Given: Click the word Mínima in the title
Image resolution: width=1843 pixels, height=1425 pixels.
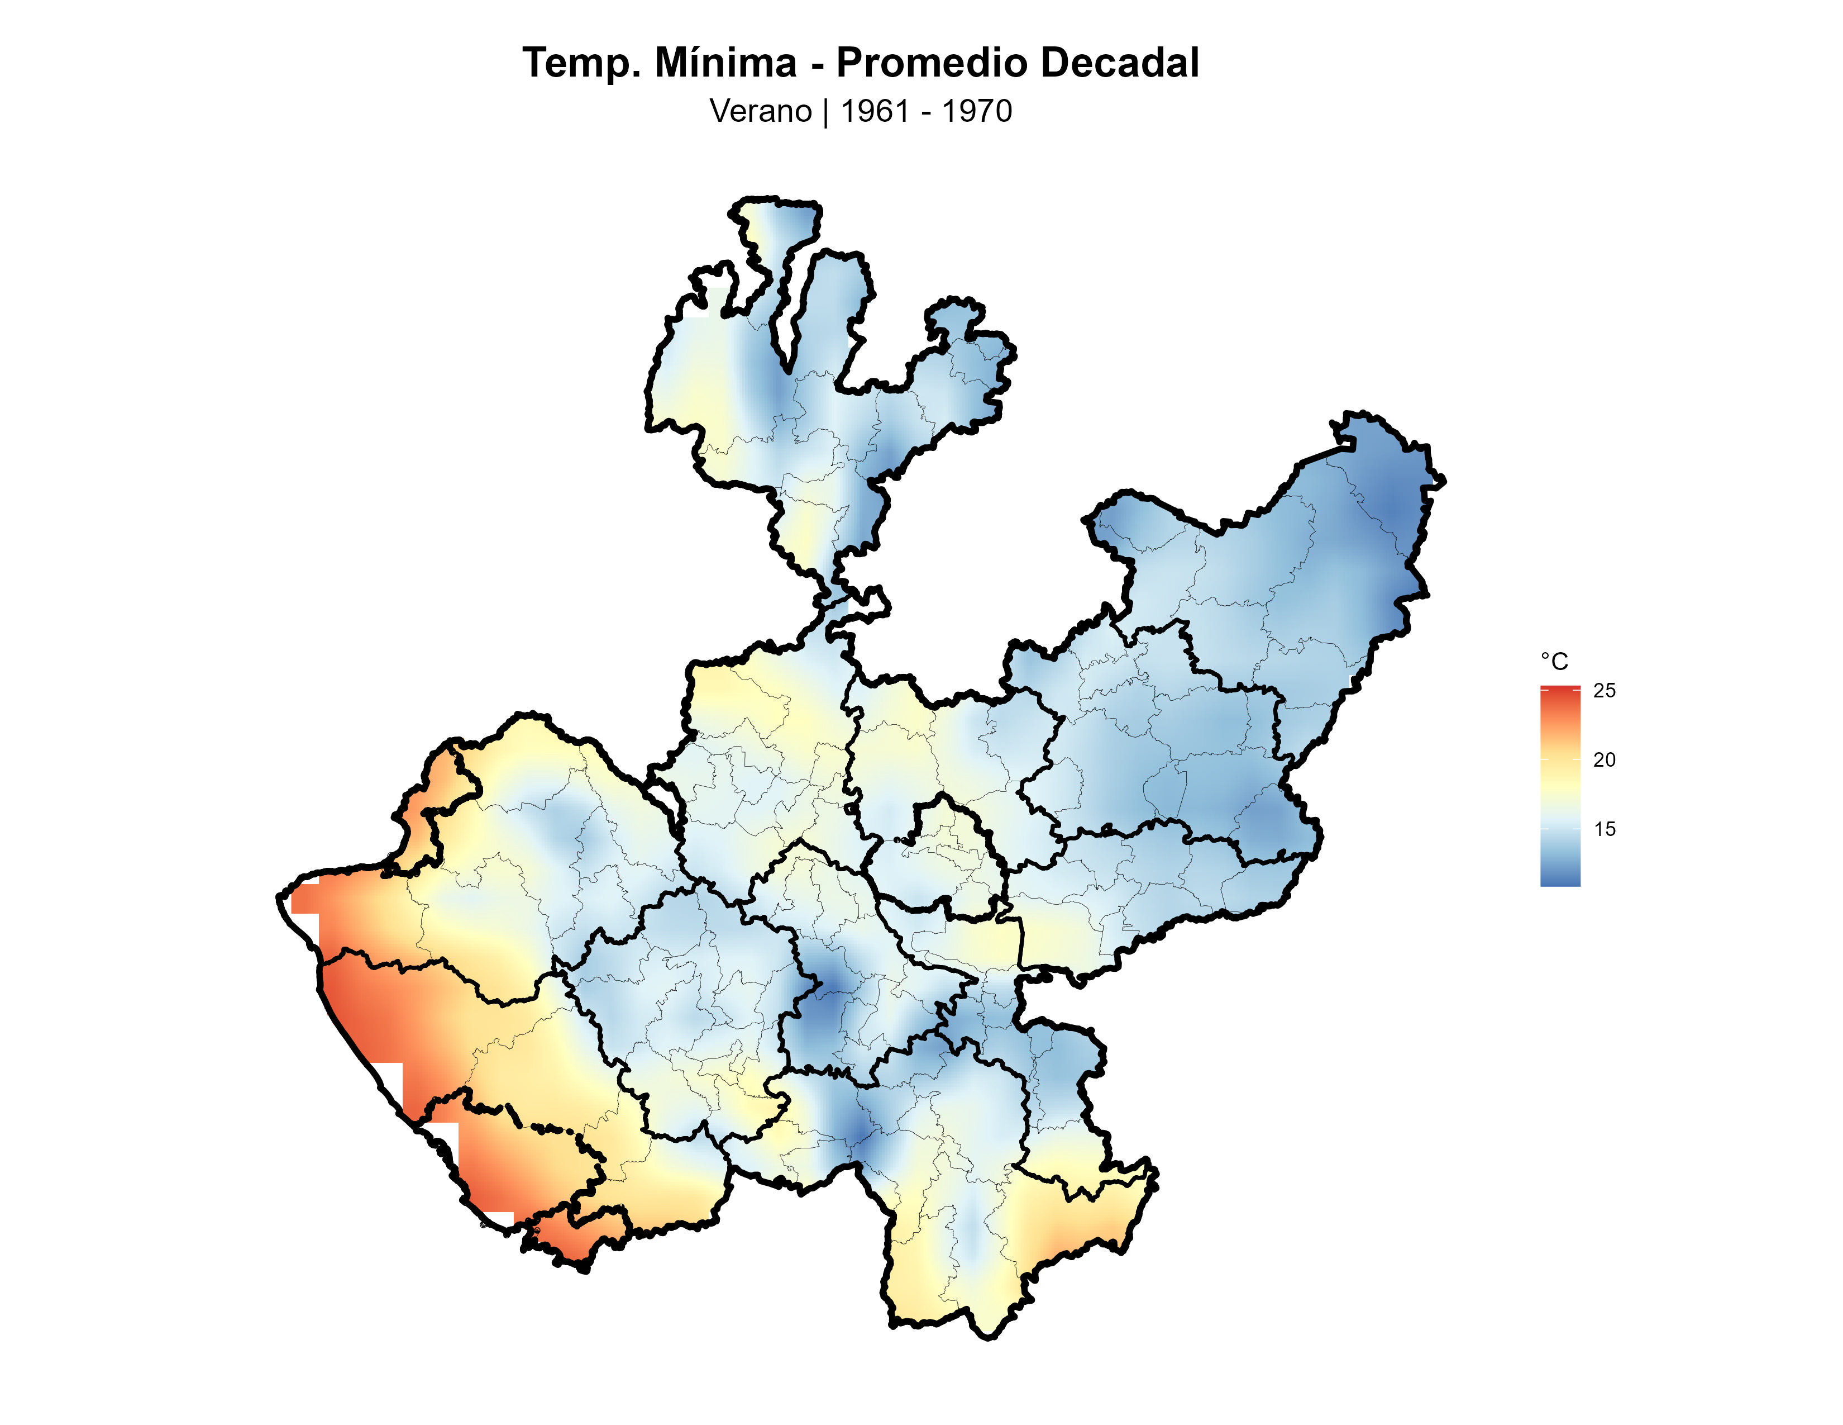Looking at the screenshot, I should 725,63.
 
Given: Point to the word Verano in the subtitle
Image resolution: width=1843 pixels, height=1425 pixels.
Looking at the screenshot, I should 760,111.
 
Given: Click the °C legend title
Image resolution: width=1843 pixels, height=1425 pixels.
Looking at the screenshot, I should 1554,662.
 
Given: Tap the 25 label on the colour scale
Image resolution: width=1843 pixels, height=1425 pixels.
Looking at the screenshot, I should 1604,691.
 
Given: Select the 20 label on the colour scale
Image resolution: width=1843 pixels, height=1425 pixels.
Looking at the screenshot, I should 1604,760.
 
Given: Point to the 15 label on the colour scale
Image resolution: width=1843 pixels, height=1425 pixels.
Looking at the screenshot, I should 1604,829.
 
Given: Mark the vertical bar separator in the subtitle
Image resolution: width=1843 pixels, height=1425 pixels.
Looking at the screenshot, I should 826,111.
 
